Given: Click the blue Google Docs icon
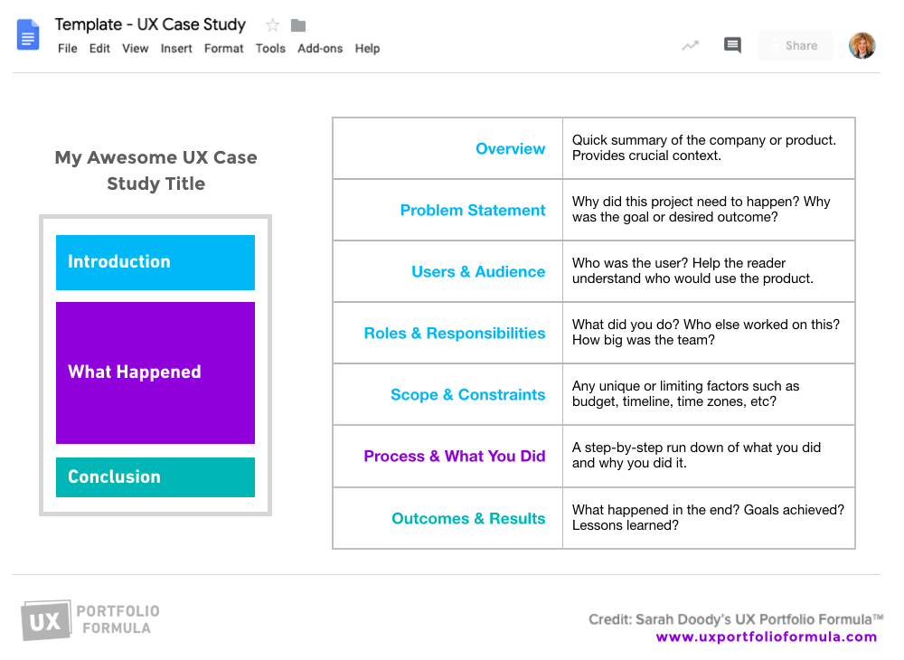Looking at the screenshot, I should click(x=28, y=36).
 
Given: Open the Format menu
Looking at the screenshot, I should click(x=223, y=49).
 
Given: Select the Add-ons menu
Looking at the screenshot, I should click(x=320, y=49).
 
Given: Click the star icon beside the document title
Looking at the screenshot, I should click(x=273, y=25).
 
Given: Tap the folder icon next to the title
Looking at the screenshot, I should click(x=298, y=25).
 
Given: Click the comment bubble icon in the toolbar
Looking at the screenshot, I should click(x=732, y=45).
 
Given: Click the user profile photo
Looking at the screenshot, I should click(x=862, y=45).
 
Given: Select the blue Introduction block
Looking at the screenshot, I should click(x=155, y=262).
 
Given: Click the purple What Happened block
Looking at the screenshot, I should click(x=155, y=372).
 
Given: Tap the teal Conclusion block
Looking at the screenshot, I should click(x=155, y=477).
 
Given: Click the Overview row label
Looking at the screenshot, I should click(x=511, y=149).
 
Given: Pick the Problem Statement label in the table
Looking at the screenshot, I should click(x=473, y=211).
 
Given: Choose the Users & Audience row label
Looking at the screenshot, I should click(x=478, y=272).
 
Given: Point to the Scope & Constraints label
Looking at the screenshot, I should click(x=468, y=395).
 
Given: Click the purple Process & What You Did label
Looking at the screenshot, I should click(x=455, y=457).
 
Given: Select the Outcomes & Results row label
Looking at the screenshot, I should click(x=468, y=519).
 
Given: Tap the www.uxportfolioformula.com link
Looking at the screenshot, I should click(x=767, y=636).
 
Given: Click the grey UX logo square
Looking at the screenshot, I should click(x=45, y=621).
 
